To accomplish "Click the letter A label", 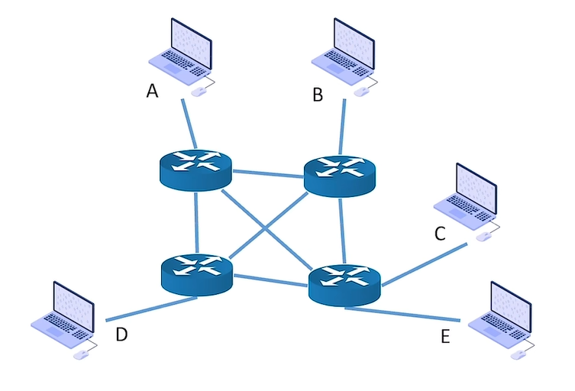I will tap(152, 92).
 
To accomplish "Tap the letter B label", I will tap(318, 95).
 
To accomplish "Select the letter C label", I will tap(440, 234).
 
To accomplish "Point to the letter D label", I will tap(121, 334).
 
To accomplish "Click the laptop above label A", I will tap(181, 50).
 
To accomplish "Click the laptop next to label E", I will tap(499, 315).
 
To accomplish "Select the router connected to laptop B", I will tap(340, 175).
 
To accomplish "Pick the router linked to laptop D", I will tap(196, 273).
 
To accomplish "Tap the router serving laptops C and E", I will tap(344, 284).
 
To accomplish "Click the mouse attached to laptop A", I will tap(199, 92).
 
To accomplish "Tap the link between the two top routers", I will tap(267, 173).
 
